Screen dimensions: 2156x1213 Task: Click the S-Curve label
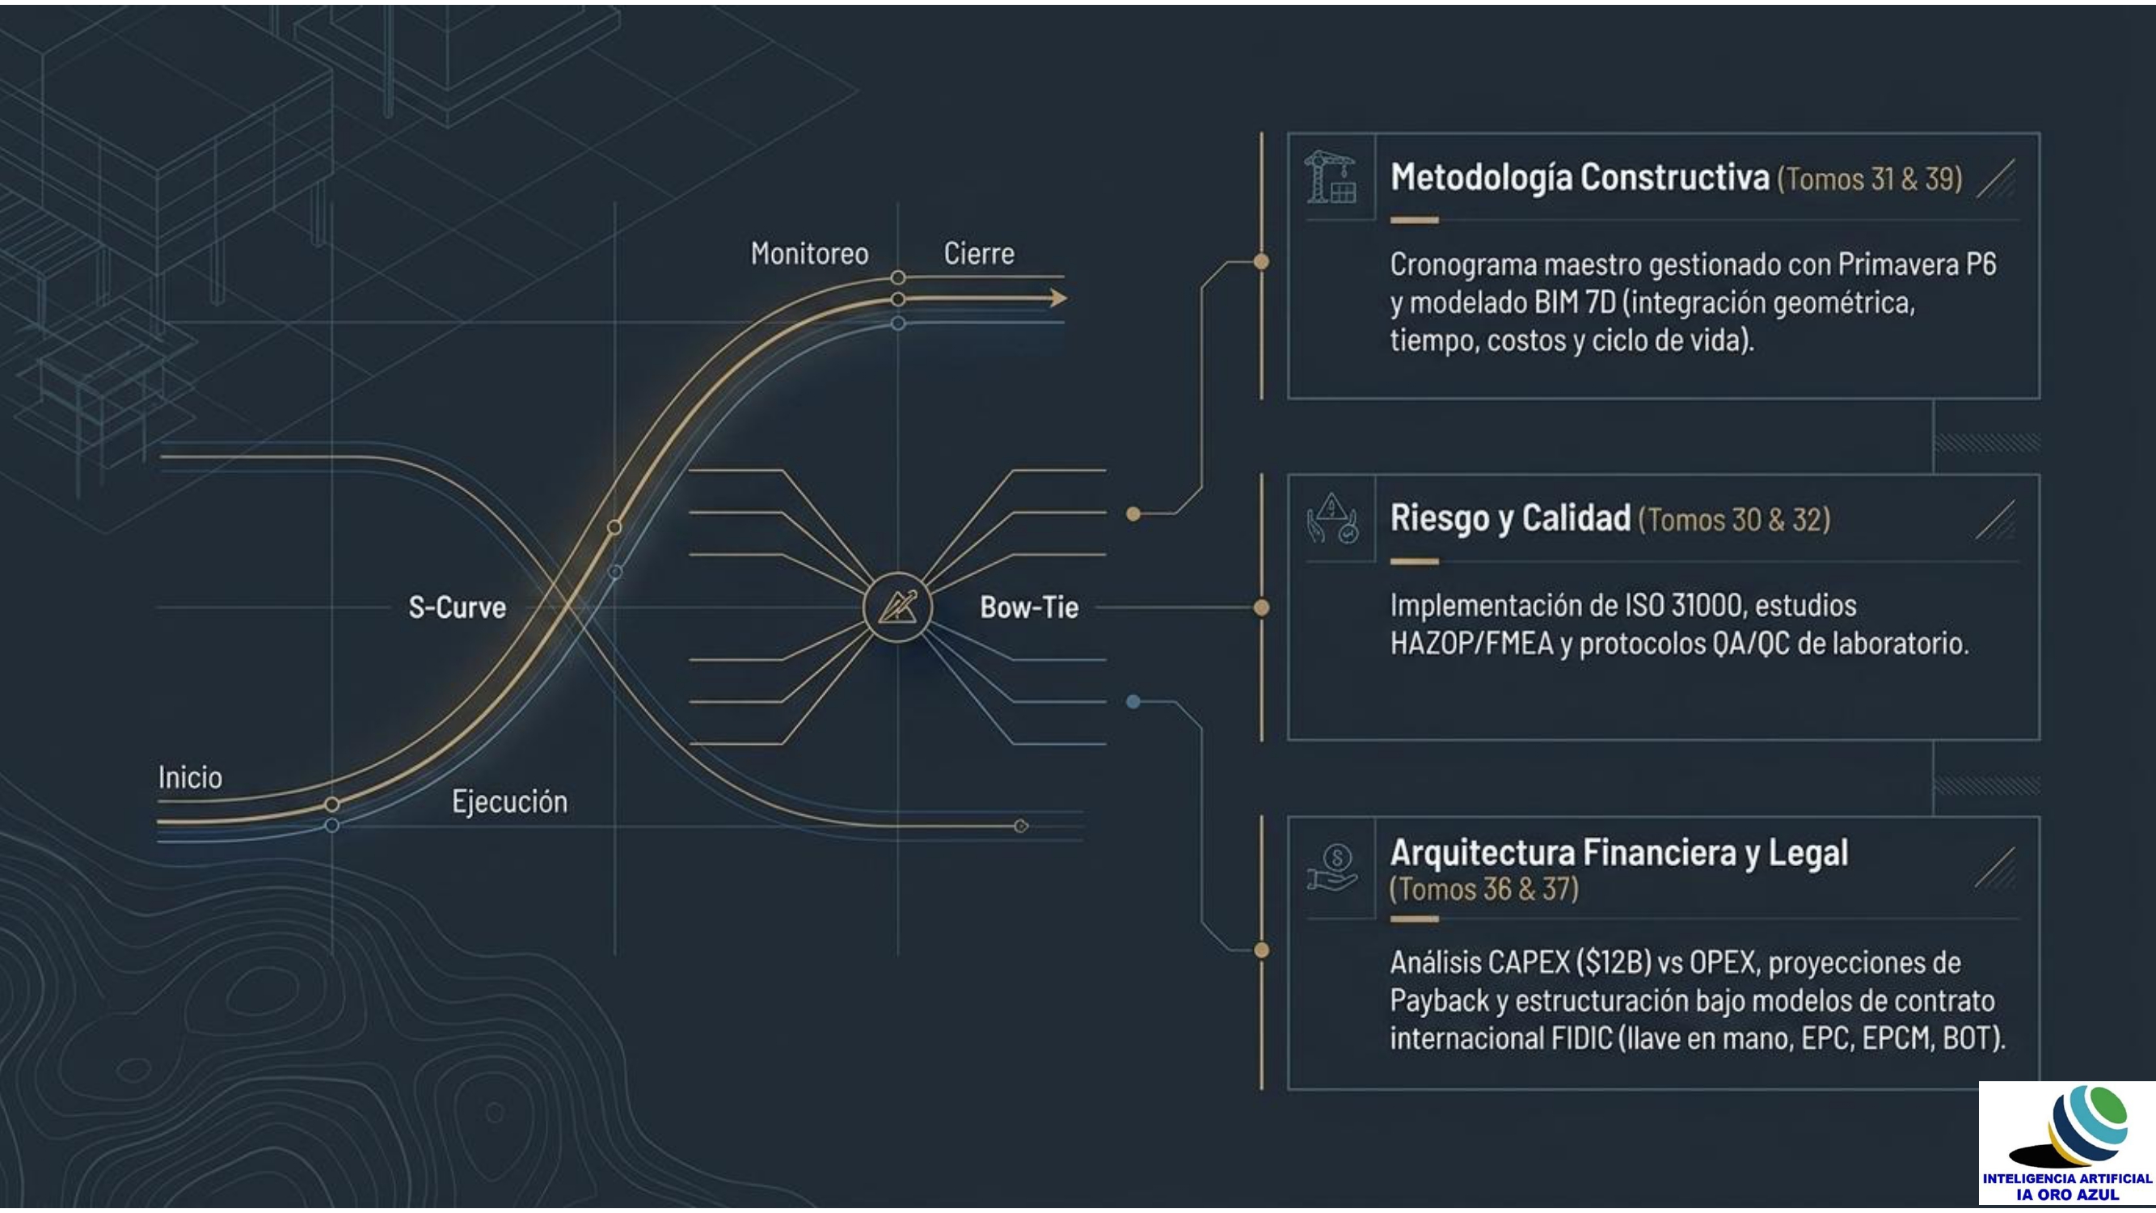click(457, 607)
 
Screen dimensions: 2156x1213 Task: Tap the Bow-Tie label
click(1028, 607)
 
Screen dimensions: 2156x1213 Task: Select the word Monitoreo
click(809, 254)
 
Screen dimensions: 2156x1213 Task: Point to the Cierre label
click(978, 253)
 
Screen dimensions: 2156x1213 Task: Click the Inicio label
click(190, 778)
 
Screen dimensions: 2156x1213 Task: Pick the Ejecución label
click(510, 802)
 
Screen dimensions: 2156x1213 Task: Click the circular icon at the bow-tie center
click(897, 607)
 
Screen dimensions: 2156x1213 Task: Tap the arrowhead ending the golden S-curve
click(1059, 298)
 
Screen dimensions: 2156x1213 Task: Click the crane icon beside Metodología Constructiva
click(1331, 176)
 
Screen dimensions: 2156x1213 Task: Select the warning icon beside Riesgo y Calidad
click(1332, 519)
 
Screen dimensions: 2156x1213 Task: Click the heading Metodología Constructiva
click(1580, 177)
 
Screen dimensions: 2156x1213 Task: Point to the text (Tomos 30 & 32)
click(1734, 520)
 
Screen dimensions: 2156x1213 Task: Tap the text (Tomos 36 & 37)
click(1484, 889)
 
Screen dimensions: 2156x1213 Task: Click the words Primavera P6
click(1917, 264)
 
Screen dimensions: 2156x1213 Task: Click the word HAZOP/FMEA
click(1471, 644)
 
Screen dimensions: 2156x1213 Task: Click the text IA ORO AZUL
click(2067, 1194)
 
